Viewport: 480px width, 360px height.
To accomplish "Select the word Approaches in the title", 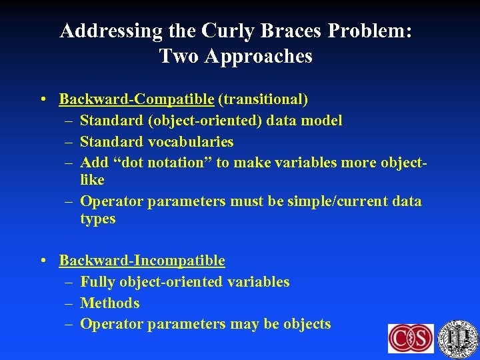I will [258, 57].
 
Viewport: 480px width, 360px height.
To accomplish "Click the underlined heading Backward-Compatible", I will [136, 99].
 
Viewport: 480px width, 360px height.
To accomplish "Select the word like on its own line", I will [92, 180].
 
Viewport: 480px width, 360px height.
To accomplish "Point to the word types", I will [97, 219].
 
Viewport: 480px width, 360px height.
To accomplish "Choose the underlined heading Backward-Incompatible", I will [142, 261].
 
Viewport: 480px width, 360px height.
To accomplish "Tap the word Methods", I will [109, 303].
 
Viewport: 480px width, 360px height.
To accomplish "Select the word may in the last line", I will [245, 325].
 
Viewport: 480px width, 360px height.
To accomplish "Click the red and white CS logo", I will [411, 338].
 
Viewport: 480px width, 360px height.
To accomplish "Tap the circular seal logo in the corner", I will [458, 337].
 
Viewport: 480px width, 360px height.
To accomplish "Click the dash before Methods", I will [69, 303].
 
